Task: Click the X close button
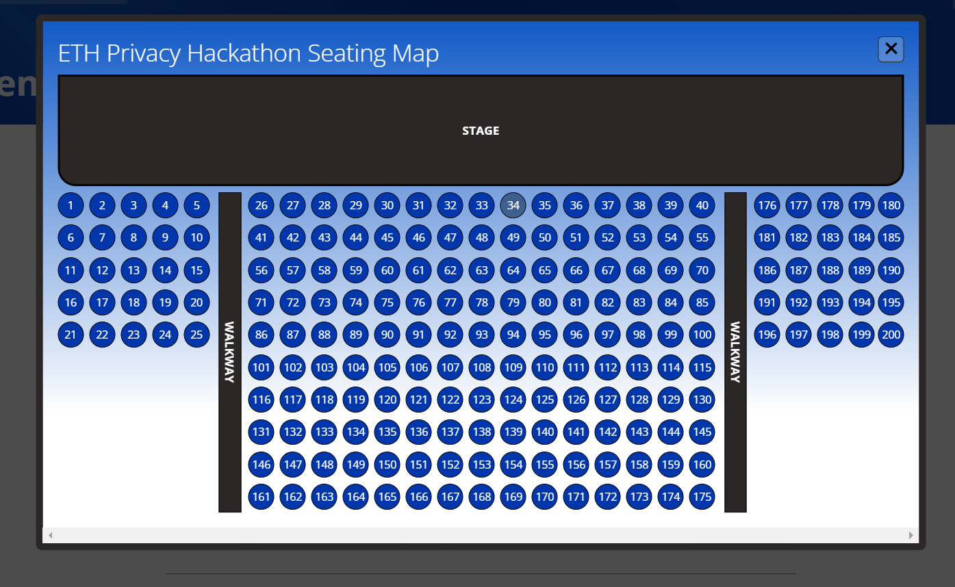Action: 891,49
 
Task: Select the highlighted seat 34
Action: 513,205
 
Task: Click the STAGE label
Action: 481,131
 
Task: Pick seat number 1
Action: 71,205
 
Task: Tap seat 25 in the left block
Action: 196,335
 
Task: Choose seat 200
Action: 891,335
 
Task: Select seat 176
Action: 767,205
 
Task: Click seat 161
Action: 262,497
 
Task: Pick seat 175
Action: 702,497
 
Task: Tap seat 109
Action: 513,367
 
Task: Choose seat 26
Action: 262,205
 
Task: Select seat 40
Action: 702,205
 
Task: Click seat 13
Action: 133,270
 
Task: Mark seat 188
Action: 830,270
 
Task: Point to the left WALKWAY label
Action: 230,352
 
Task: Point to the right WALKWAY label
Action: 735,352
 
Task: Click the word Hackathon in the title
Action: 244,53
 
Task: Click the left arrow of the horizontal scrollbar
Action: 50,535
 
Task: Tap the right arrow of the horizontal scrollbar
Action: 911,535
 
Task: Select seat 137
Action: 450,432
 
